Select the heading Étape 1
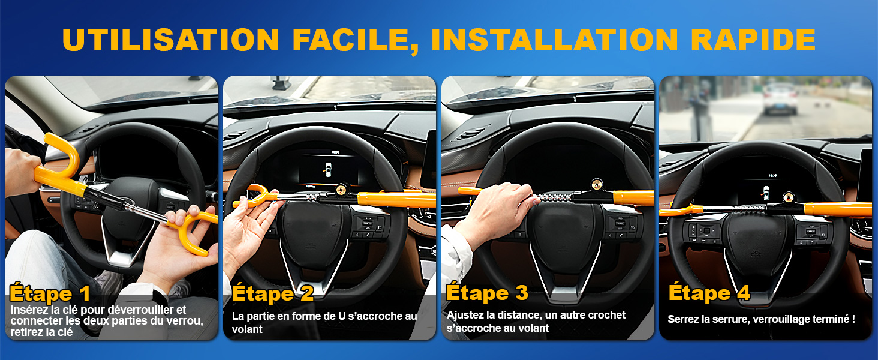pyautogui.click(x=50, y=293)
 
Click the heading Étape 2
pyautogui.click(x=273, y=293)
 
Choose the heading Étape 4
pyautogui.click(x=709, y=293)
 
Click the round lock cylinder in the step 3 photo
pyautogui.click(x=597, y=184)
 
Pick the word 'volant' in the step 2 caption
pyautogui.click(x=247, y=329)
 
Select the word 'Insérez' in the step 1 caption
pyautogui.click(x=28, y=310)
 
